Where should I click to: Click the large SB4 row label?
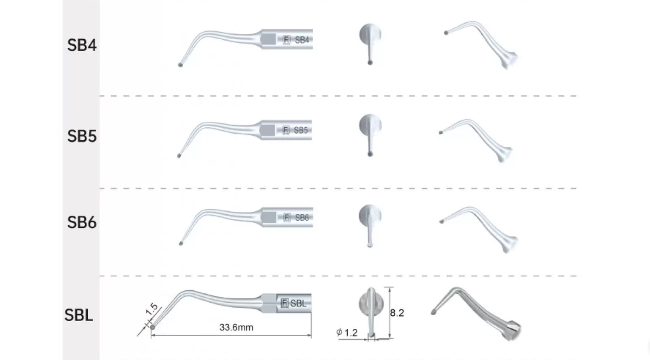pyautogui.click(x=82, y=45)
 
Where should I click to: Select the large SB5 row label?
pyautogui.click(x=82, y=136)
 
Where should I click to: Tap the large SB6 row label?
pyautogui.click(x=82, y=223)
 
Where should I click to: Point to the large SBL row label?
pyautogui.click(x=79, y=315)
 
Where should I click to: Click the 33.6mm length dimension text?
pyautogui.click(x=236, y=328)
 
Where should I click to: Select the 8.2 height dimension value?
pyautogui.click(x=397, y=313)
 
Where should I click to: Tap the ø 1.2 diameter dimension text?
pyautogui.click(x=347, y=332)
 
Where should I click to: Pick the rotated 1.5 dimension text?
pyautogui.click(x=151, y=309)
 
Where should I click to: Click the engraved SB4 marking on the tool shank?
pyautogui.click(x=302, y=40)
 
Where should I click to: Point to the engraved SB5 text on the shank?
pyautogui.click(x=301, y=130)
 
